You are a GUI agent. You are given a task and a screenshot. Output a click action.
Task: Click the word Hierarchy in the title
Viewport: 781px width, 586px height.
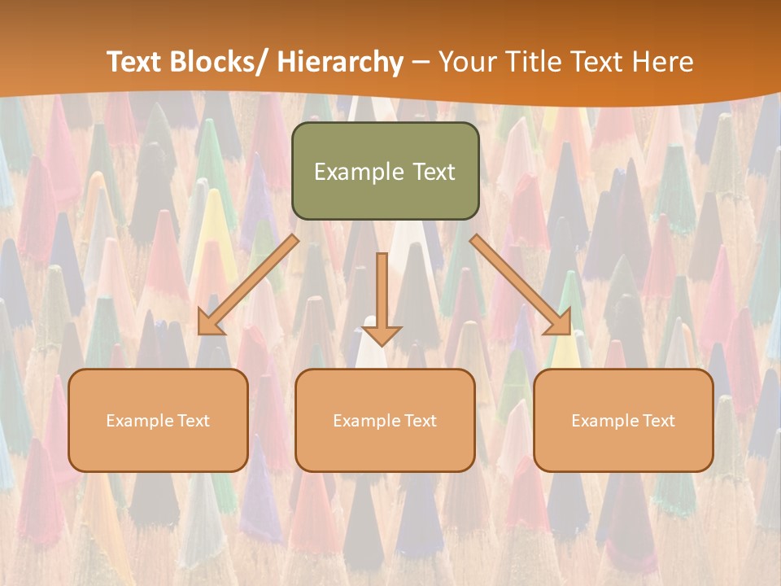340,63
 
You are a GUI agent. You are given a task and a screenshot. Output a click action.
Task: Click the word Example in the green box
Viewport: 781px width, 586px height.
359,173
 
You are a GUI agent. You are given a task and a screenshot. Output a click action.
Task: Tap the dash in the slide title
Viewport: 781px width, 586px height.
421,63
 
